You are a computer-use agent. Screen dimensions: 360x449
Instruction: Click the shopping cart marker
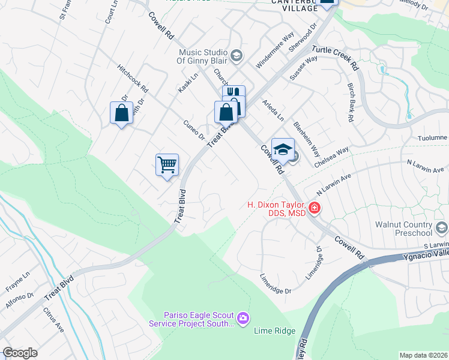(x=167, y=164)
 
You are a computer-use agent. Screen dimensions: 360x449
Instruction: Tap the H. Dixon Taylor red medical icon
(x=315, y=208)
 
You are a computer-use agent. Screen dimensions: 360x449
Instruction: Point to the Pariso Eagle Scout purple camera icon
(x=243, y=318)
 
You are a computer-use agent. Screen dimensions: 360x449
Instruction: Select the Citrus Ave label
(x=53, y=320)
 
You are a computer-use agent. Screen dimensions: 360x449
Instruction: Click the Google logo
(x=20, y=353)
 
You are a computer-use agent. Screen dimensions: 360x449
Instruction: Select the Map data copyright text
(x=423, y=355)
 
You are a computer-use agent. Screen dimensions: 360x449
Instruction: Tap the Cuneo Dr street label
(x=194, y=128)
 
